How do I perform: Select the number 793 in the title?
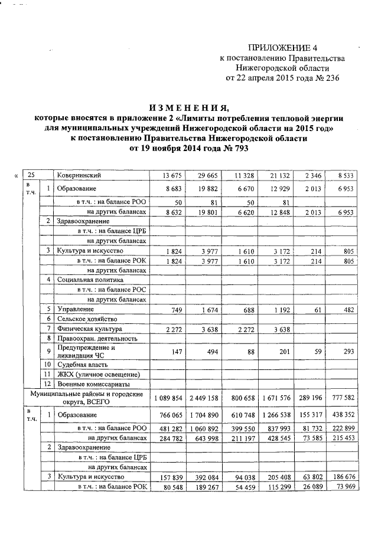point(235,149)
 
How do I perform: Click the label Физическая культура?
point(88,329)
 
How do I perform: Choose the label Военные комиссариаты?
point(93,384)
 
